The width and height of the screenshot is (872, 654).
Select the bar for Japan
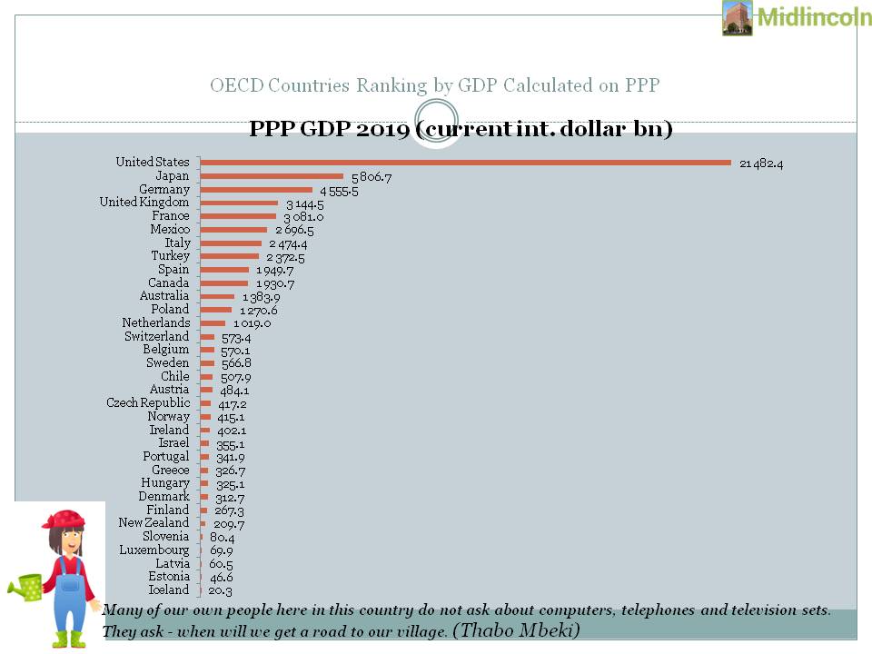[x=272, y=176]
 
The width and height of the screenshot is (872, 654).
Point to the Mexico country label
[x=170, y=230]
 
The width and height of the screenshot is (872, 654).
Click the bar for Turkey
[x=229, y=256]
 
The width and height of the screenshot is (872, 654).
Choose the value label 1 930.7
[x=275, y=284]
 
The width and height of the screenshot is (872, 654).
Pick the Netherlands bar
[x=213, y=323]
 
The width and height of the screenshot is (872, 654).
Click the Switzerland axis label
[x=157, y=337]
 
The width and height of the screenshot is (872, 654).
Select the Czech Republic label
[x=148, y=402]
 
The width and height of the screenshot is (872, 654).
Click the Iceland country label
[x=169, y=590]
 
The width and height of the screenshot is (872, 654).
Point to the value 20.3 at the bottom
[x=222, y=590]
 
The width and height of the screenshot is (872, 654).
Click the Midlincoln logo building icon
[x=737, y=18]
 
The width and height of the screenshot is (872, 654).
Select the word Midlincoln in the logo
[x=814, y=18]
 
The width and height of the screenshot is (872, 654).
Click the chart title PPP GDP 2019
[x=461, y=129]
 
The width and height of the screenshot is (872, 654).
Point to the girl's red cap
[x=63, y=520]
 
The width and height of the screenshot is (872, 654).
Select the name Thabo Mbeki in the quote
[x=515, y=629]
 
